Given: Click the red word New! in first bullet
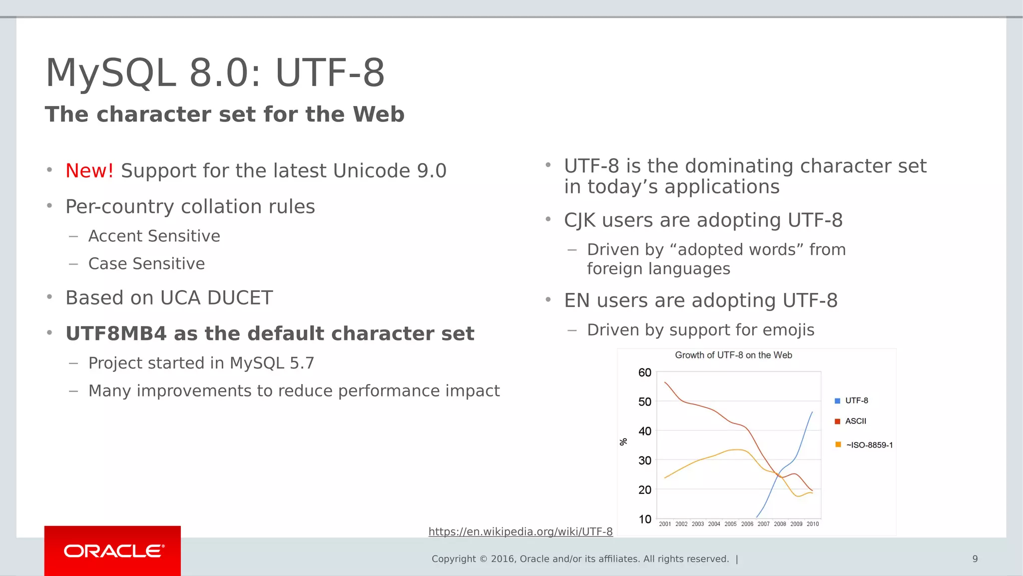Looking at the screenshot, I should [x=89, y=171].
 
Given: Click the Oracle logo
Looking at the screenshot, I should [x=113, y=551].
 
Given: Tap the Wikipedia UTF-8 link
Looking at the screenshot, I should [x=520, y=531].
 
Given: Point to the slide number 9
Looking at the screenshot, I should [x=975, y=559].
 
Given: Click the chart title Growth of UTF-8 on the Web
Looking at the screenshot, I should [x=733, y=355].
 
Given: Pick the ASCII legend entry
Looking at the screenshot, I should [x=855, y=421].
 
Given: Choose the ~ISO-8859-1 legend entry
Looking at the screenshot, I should [x=869, y=445].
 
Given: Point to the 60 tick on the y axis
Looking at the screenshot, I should [x=644, y=372].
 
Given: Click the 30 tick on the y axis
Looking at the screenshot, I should [x=644, y=460].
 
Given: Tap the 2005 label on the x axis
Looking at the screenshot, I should [x=730, y=524].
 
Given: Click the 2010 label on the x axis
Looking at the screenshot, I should [x=813, y=524].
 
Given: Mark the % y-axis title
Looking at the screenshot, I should [x=623, y=442].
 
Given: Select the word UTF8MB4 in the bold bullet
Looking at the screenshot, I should [x=116, y=333].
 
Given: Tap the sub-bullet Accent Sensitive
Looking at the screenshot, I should [x=154, y=236].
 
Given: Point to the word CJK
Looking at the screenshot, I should [x=579, y=220].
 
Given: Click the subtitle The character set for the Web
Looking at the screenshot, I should [x=224, y=114].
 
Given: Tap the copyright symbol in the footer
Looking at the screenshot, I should [x=483, y=559].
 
